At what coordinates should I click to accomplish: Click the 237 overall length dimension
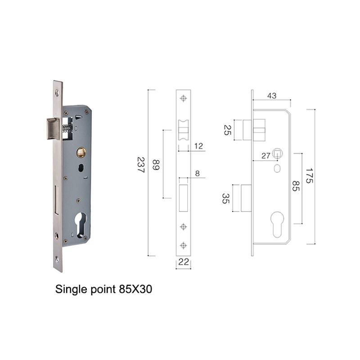point(141,165)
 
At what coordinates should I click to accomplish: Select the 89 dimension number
point(156,165)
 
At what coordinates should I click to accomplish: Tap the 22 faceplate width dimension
point(184,262)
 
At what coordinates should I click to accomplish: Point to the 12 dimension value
point(198,146)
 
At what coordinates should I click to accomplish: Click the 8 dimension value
point(198,173)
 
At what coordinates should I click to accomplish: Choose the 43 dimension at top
point(272,96)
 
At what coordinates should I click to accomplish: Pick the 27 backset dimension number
point(266,156)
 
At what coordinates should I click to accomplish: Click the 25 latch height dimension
point(227,130)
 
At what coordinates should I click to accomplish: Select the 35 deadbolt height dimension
point(225,198)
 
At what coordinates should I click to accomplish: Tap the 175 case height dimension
point(309,175)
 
